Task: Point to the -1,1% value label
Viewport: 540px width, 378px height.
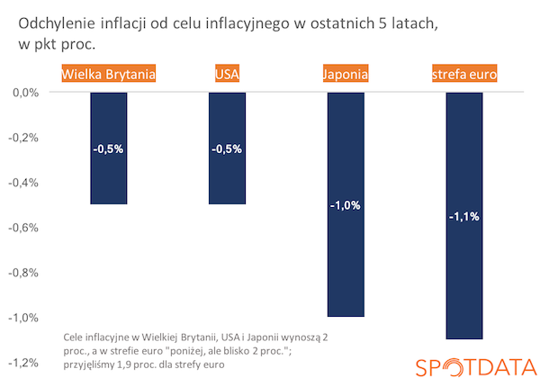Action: pyautogui.click(x=464, y=216)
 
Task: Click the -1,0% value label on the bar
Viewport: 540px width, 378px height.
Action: pyautogui.click(x=346, y=205)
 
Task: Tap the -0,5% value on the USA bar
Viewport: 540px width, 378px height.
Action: pyautogui.click(x=227, y=148)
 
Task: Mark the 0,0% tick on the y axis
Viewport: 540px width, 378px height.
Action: pyautogui.click(x=24, y=93)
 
